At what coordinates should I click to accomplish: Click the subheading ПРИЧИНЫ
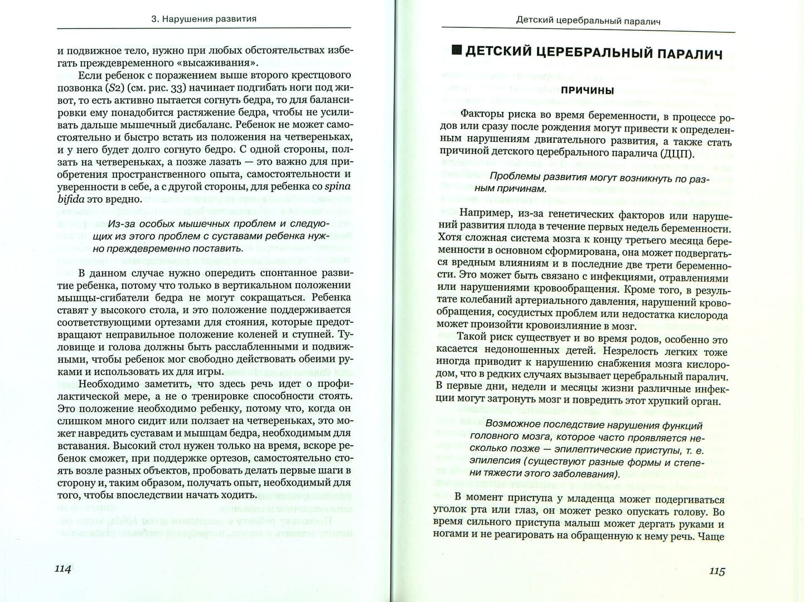tap(587, 91)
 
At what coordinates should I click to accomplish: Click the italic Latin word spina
tap(338, 186)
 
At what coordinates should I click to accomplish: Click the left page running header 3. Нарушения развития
tap(204, 18)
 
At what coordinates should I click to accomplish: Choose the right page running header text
tap(588, 21)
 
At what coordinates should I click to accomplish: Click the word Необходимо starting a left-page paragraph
tap(108, 383)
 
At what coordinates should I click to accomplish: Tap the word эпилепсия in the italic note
tap(493, 462)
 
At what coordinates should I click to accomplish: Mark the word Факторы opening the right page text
tap(481, 116)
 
